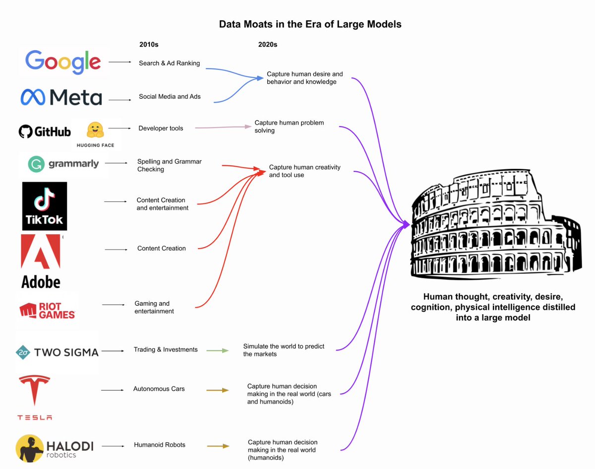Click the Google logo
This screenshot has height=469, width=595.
click(63, 62)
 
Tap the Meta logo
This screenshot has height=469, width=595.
click(61, 97)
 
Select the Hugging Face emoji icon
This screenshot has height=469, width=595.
click(95, 130)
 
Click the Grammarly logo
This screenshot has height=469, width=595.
click(63, 164)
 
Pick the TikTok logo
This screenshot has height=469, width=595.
click(45, 206)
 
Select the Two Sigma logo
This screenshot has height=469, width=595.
click(57, 352)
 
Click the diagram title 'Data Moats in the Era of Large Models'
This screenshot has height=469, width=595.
click(310, 24)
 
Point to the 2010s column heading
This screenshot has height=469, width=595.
click(149, 45)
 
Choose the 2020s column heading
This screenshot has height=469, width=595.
click(268, 45)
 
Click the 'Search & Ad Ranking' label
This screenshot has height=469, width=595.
click(169, 63)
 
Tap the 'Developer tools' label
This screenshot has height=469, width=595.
click(161, 128)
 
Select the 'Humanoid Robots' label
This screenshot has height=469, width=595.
click(160, 445)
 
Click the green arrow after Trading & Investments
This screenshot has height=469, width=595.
click(218, 351)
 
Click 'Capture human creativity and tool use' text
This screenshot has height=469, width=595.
click(304, 171)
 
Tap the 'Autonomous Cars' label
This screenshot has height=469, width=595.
click(159, 389)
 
